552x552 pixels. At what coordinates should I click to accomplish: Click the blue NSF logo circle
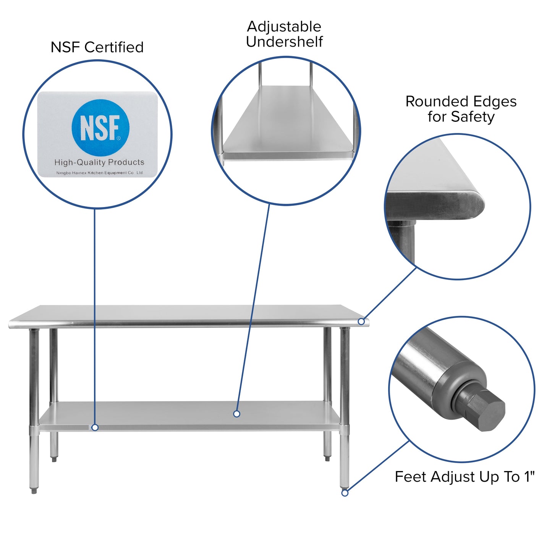point(100,128)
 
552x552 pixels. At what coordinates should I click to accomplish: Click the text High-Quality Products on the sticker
point(99,162)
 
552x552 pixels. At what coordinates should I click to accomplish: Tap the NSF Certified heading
point(97,47)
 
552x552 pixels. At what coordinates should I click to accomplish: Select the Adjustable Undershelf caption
point(284,34)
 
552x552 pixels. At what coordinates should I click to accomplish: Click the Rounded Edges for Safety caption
point(461,109)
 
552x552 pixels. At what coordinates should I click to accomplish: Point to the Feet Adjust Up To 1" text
point(465,477)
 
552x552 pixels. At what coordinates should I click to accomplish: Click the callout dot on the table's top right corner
point(361,322)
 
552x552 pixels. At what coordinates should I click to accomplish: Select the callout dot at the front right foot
point(345,493)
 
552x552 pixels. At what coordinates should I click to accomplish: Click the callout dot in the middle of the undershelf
point(236,414)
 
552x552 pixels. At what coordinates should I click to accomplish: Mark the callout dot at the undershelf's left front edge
point(95,427)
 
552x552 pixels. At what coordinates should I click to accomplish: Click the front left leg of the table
point(34,382)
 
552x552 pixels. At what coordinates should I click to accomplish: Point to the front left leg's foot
point(34,490)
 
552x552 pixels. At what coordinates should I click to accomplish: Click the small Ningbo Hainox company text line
point(99,173)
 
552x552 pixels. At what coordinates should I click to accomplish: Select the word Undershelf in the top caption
point(284,42)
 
